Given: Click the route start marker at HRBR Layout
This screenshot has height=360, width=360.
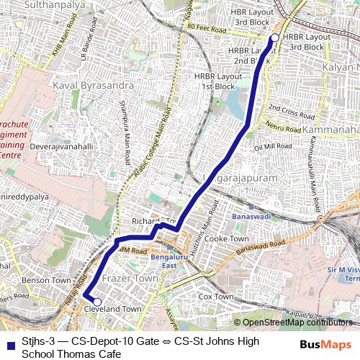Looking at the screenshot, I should click(274, 37).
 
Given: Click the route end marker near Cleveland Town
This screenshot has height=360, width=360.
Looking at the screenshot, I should click(97, 302).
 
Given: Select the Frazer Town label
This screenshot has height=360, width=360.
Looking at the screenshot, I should click(130, 277).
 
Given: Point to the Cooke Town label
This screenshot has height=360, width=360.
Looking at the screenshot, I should click(226, 238).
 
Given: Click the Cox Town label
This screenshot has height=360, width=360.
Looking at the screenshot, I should click(215, 297).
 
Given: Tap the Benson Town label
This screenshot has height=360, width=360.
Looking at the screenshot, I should click(46, 279).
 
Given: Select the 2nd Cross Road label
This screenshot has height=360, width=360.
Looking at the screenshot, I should click(292, 111).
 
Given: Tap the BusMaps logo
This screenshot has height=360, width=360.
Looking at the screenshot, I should click(326, 344).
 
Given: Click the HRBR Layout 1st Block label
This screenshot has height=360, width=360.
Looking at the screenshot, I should click(209, 81).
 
